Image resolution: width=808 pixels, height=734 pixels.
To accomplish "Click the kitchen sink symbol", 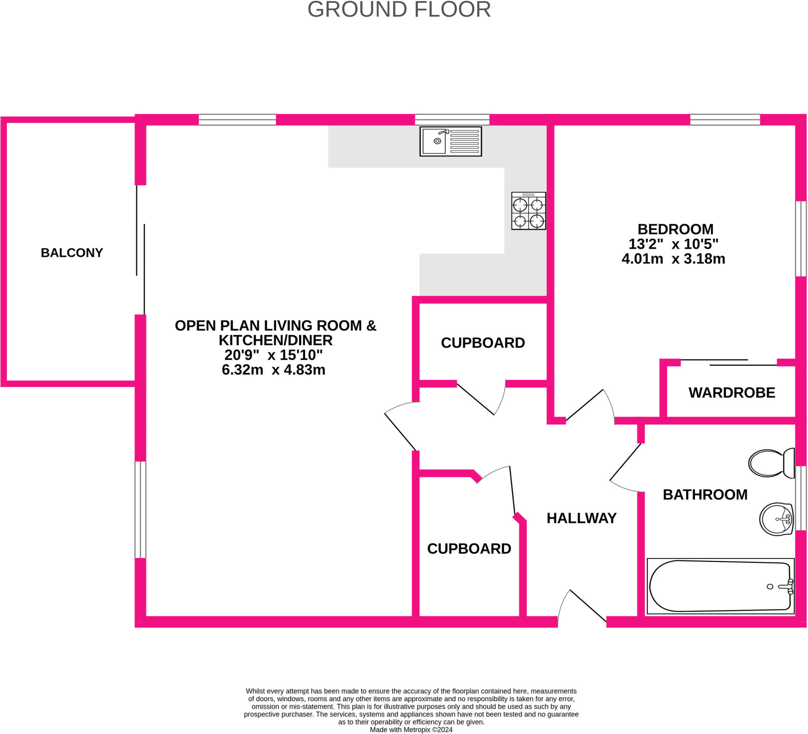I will pos(451,142).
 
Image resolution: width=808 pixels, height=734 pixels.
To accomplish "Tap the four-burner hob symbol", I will pos(528,211).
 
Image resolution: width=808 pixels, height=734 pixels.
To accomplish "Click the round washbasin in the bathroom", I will pos(776,519).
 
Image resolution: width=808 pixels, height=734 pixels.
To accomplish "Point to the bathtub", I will pos(720,586).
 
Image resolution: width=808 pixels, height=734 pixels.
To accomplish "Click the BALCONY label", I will pos(72,253).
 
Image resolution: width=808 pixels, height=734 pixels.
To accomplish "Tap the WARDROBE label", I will pos(732,393).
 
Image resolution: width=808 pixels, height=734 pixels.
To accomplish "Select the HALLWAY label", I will pos(582,518).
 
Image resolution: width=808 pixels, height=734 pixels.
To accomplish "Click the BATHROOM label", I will pos(705,495).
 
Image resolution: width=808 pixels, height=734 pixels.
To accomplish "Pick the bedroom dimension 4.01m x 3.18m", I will pos(673,259).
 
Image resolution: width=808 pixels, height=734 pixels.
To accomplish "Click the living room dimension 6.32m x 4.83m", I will pos(273,370).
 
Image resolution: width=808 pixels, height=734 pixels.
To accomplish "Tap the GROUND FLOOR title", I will pos(399,9).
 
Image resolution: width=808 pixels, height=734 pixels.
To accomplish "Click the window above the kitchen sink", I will pos(452,120).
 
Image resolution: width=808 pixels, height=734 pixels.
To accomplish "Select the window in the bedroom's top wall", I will pos(725,120).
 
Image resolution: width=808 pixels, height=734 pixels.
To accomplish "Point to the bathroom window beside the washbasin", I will pos(801,498).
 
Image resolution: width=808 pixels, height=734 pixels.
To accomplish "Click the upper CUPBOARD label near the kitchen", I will pos(483,343).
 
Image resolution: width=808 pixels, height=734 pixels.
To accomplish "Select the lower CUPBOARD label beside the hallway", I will pos(469,549).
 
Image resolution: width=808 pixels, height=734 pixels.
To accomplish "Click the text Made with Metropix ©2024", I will pos(411,730).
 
